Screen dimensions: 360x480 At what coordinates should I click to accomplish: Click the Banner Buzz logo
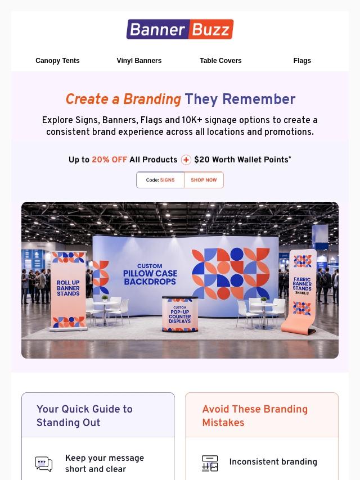(x=180, y=29)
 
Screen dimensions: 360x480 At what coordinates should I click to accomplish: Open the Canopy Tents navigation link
(x=57, y=61)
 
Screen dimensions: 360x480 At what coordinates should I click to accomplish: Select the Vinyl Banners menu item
(x=139, y=61)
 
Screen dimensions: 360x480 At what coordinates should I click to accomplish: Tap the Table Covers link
(x=220, y=61)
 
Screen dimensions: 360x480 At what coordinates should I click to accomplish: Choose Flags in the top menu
(x=302, y=61)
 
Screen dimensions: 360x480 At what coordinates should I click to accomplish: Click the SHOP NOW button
(x=204, y=180)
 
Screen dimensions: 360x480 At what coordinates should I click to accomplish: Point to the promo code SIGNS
(x=167, y=180)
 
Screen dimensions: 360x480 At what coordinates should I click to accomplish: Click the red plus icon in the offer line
(x=186, y=160)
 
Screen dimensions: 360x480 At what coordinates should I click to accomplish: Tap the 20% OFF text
(x=109, y=160)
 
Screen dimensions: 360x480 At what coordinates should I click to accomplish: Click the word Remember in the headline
(x=259, y=99)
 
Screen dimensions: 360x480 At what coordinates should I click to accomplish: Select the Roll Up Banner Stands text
(x=68, y=288)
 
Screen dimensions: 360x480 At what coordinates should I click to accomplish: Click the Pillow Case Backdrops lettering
(x=150, y=277)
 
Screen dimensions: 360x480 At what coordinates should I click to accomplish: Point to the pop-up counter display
(x=180, y=314)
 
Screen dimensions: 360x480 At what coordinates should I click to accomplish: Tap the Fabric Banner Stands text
(x=302, y=284)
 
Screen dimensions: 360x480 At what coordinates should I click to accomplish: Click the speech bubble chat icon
(x=43, y=464)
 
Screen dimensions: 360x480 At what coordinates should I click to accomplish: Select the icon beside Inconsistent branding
(x=210, y=463)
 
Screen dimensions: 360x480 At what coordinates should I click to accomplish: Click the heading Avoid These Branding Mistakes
(x=255, y=416)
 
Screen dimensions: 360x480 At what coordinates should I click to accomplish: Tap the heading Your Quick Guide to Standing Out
(x=84, y=416)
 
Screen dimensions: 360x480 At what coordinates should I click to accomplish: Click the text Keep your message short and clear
(x=105, y=464)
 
